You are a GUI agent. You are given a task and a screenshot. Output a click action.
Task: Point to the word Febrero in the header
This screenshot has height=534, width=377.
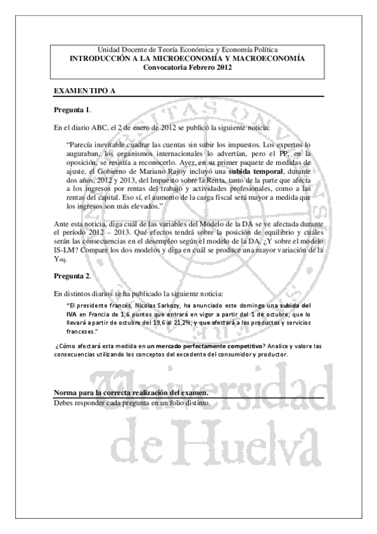coord(194,67)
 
